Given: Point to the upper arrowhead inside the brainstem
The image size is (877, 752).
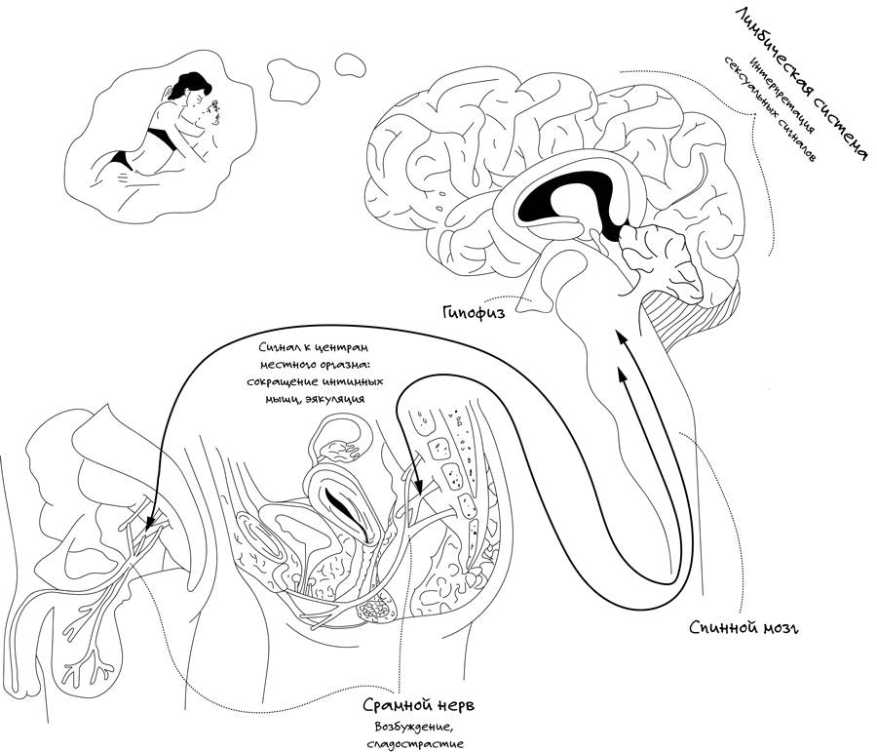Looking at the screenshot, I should (616, 337).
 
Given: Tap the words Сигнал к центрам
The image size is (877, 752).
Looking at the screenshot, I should (313, 347).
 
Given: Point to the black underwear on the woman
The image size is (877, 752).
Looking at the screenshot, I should (156, 132).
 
